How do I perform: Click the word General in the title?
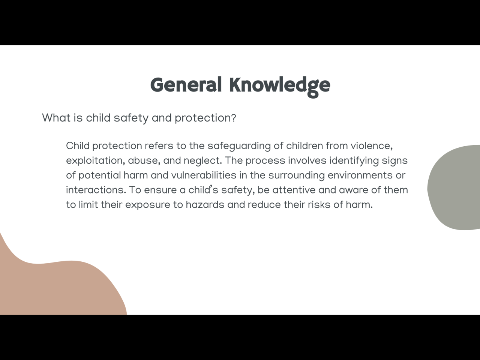click(186, 85)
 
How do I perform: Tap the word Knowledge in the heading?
click(280, 86)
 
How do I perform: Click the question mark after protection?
click(233, 118)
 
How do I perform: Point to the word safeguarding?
click(239, 146)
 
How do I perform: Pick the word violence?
click(372, 146)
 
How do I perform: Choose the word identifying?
click(354, 161)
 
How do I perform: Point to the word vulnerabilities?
click(204, 175)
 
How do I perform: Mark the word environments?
click(360, 175)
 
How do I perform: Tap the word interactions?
click(96, 190)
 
